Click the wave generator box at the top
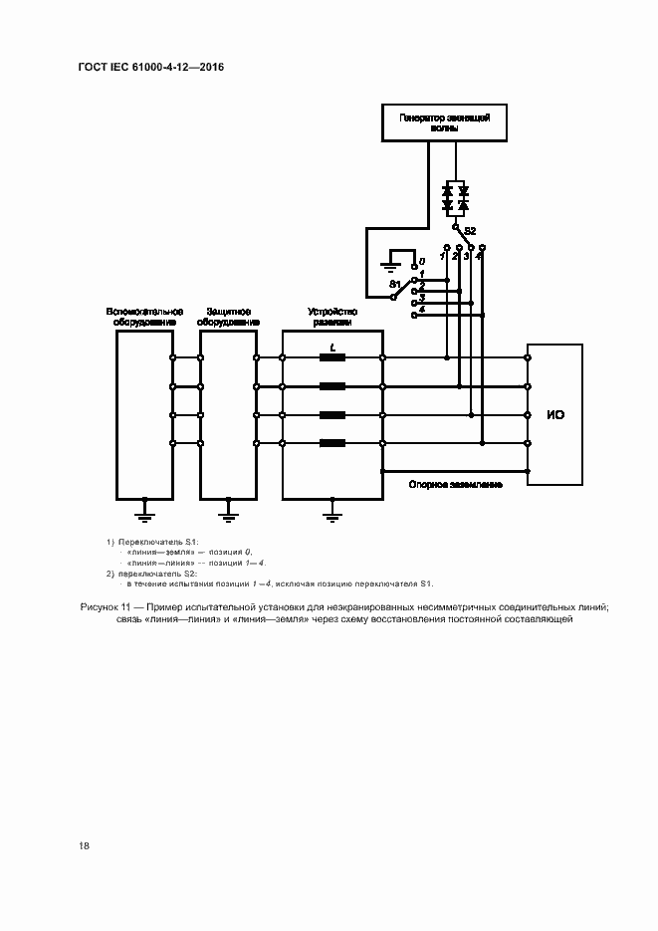pos(443,122)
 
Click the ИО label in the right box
pos(554,414)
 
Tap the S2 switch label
pos(470,231)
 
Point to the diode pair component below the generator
pos(455,197)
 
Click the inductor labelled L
pos(332,357)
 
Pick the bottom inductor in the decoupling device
pos(332,442)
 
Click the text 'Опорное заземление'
pos(455,484)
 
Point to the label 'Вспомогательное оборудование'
pos(144,317)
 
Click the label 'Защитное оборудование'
pos(228,317)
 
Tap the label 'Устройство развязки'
pos(332,317)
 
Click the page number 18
pos(85,845)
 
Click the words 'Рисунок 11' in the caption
pos(104,607)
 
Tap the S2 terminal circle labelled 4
pos(480,246)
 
